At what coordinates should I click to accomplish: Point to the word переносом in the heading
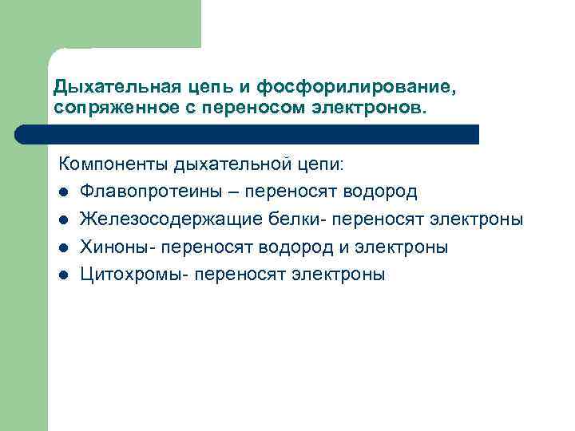pyautogui.click(x=253, y=106)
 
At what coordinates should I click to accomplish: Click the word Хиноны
pyautogui.click(x=116, y=247)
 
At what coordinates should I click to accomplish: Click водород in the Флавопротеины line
pyautogui.click(x=380, y=192)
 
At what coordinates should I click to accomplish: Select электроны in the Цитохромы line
pyautogui.click(x=341, y=275)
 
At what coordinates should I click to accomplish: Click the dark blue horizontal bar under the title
pyautogui.click(x=264, y=134)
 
